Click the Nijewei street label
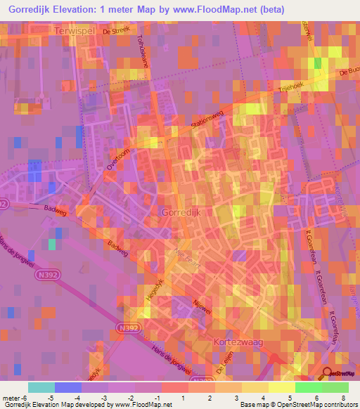(202, 307)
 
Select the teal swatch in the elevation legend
(41, 387)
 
